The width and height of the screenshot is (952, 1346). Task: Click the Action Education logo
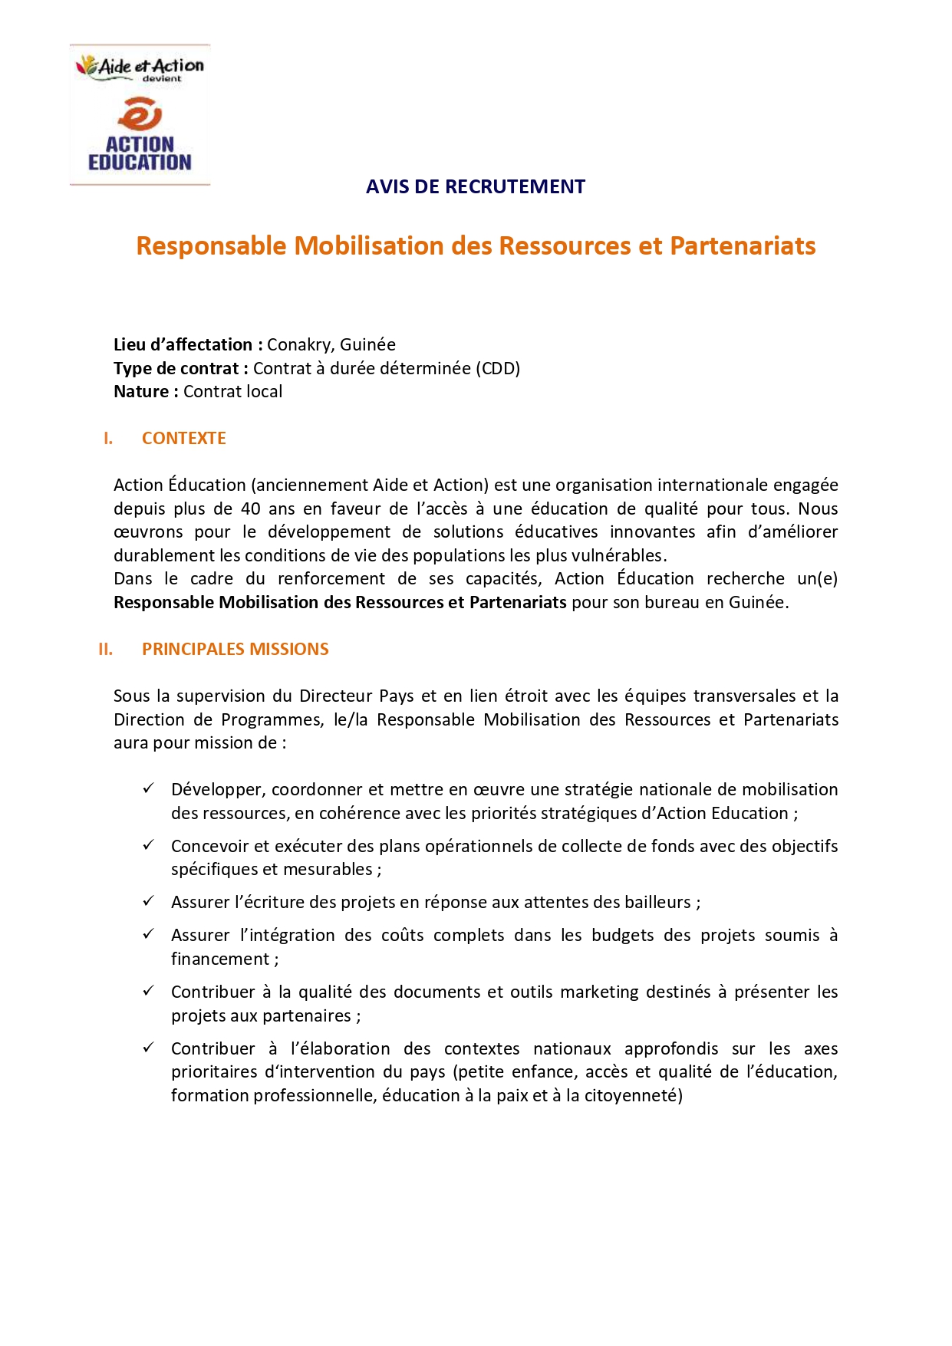click(140, 115)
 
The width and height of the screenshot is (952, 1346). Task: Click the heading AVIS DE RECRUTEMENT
click(475, 186)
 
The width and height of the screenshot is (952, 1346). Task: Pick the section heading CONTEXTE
click(183, 438)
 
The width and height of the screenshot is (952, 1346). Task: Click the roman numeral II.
click(106, 649)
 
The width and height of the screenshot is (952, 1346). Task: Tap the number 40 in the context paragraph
click(250, 508)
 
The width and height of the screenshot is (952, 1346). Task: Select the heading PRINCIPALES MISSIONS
click(235, 649)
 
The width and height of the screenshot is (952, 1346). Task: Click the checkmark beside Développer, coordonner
click(149, 788)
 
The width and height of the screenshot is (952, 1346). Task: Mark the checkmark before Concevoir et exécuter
click(149, 844)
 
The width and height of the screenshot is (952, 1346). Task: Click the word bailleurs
click(657, 902)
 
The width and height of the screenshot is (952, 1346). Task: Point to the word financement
click(219, 959)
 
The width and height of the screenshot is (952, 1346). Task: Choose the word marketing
click(599, 992)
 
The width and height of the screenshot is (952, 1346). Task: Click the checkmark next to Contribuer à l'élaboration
click(149, 1047)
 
